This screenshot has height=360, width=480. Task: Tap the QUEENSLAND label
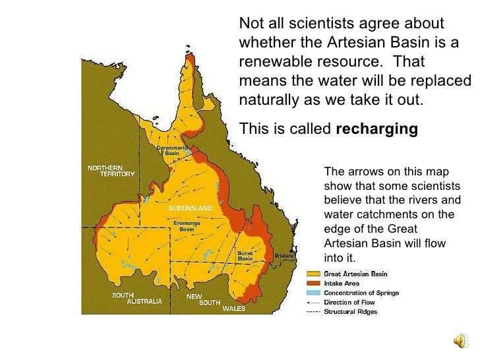[191, 208]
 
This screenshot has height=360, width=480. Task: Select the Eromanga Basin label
[187, 226]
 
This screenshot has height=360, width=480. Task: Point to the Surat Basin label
[245, 256]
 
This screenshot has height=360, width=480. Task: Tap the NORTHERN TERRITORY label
[111, 170]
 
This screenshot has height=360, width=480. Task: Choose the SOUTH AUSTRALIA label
[136, 298]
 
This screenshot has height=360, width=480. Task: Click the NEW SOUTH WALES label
[210, 302]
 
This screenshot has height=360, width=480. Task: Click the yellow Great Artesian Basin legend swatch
[313, 274]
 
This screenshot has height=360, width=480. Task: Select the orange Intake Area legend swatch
[313, 284]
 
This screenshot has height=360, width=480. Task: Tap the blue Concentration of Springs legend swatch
[313, 293]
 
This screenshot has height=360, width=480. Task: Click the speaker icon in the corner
[460, 340]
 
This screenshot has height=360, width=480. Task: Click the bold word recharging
[376, 129]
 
